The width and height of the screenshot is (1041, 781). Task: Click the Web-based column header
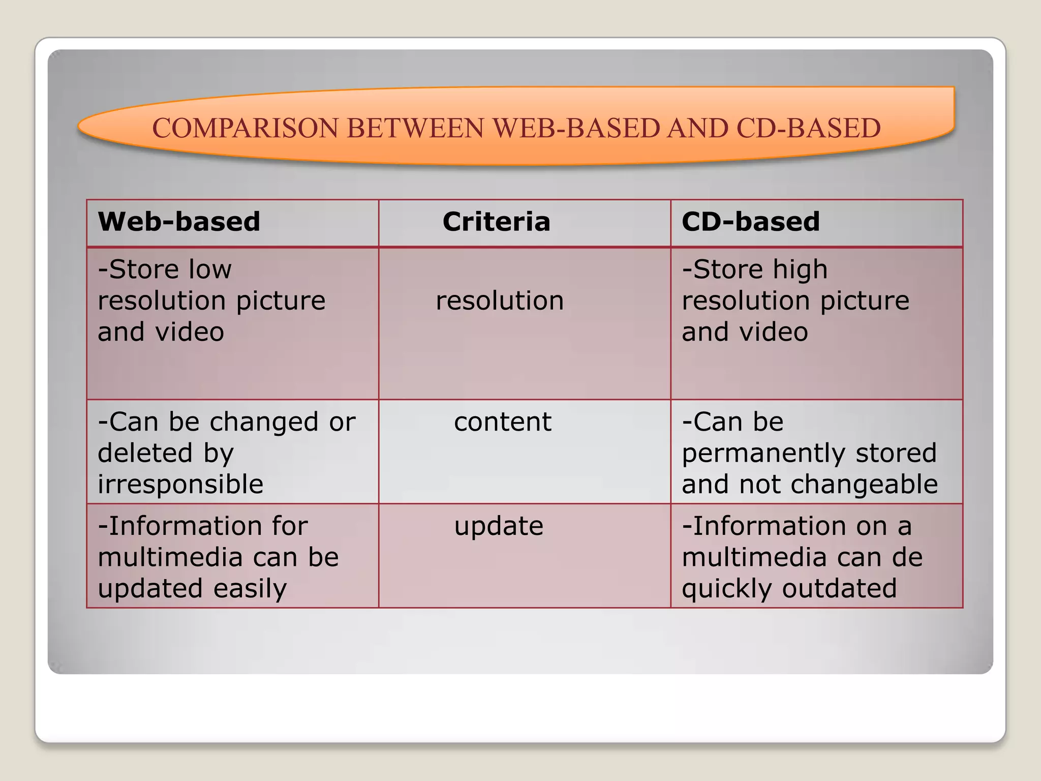click(x=179, y=222)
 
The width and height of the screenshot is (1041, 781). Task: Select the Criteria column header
click(x=496, y=222)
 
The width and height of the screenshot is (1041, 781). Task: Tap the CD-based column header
click(x=750, y=222)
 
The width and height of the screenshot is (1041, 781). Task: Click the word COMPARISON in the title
click(x=245, y=128)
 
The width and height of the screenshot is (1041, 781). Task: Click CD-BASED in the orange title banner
click(x=808, y=128)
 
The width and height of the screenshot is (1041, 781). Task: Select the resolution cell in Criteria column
click(x=500, y=301)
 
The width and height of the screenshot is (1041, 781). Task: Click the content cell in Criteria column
click(x=502, y=422)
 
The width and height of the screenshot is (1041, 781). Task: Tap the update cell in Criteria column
click(x=499, y=526)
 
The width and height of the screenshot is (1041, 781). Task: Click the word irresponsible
click(x=180, y=485)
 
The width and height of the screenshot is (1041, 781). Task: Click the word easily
click(x=250, y=589)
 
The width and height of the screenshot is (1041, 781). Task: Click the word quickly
click(x=727, y=589)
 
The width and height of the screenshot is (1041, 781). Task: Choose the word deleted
click(x=145, y=453)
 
